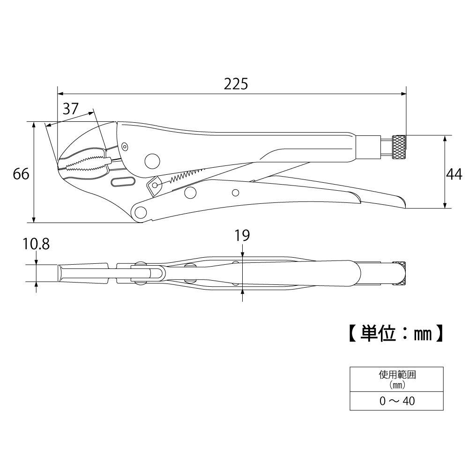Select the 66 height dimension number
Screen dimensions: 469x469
tap(21, 174)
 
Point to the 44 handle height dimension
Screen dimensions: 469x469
tap(453, 174)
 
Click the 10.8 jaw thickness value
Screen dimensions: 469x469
tap(37, 244)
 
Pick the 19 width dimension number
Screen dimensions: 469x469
tap(242, 235)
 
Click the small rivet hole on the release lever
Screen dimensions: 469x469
tap(236, 192)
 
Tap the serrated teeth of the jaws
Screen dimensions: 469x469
tap(82, 164)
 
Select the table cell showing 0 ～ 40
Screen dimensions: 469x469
tap(397, 401)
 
